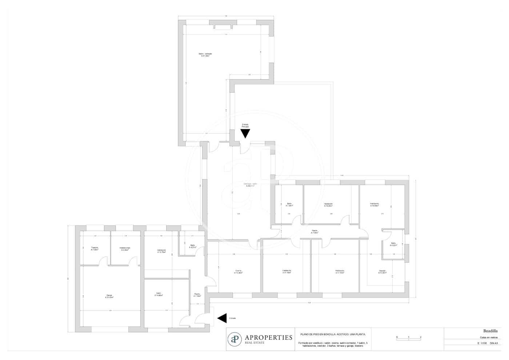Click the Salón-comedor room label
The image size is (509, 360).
tap(205, 55)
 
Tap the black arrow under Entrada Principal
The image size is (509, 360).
tap(245, 133)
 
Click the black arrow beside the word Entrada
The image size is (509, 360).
tap(222, 318)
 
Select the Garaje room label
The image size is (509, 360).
tap(109, 296)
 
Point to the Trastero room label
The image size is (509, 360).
tap(95, 249)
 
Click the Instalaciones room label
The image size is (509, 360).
tap(125, 249)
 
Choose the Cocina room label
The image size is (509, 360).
tap(238, 271)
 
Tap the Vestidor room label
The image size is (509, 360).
tap(382, 272)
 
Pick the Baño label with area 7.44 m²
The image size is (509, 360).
tap(289, 204)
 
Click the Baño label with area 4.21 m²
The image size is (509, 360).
tap(193, 246)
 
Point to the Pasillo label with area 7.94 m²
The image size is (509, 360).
tap(314, 232)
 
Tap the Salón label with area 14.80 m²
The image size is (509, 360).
tap(159, 294)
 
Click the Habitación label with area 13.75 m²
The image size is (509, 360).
tap(161, 251)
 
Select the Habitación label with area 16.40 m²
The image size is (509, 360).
tap(328, 205)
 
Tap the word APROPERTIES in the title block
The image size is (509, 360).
tap(268, 337)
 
